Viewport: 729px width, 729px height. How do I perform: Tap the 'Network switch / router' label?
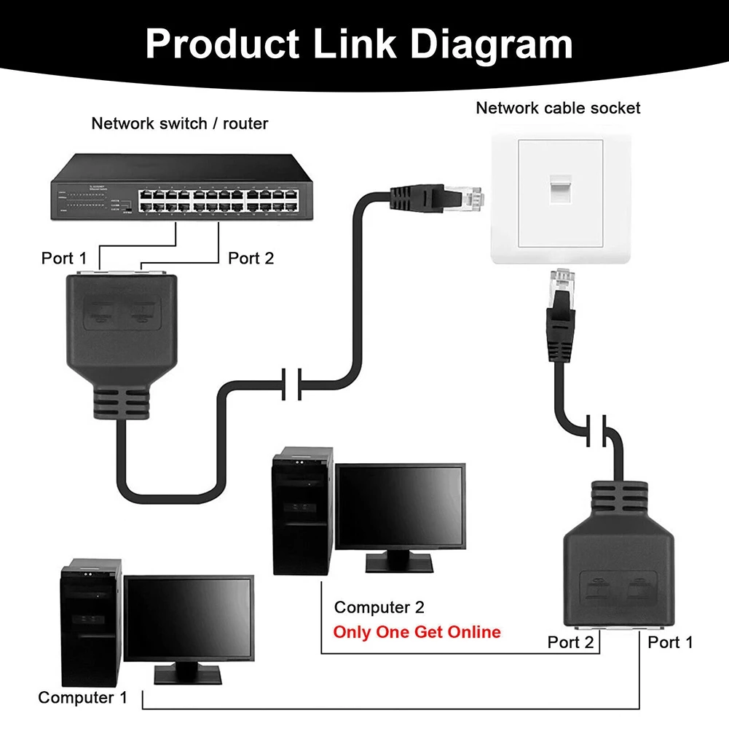pos(179,123)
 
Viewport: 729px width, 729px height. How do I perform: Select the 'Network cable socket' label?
pos(558,108)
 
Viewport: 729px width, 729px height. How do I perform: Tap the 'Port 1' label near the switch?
pos(63,258)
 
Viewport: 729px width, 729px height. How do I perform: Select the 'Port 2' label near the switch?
pos(251,258)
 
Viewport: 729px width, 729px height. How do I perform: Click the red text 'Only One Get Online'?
pos(417,631)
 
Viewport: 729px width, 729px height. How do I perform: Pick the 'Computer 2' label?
pos(379,607)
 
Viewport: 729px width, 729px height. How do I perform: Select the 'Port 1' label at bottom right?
pos(670,642)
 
